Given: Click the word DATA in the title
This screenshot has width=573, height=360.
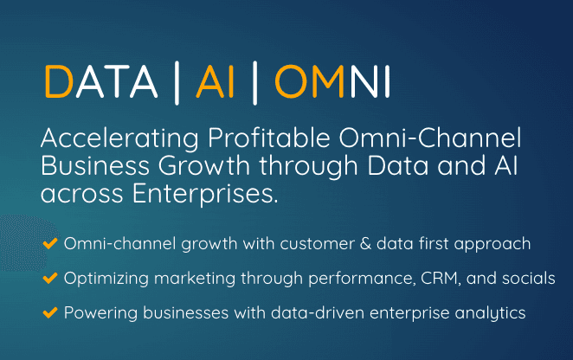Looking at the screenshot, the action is point(101,81).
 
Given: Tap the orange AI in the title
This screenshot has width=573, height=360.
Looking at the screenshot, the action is point(216,81).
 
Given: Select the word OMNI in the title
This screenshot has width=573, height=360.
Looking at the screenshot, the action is point(332,81).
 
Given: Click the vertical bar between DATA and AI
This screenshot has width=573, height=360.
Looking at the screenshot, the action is point(177,83).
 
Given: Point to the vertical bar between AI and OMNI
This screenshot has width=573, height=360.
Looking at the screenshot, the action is point(254,83).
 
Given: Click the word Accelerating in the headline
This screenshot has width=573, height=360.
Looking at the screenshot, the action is point(119,139).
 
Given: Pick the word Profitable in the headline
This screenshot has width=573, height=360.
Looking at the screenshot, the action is point(269,138).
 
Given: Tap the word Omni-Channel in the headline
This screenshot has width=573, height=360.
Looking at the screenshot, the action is point(430,138).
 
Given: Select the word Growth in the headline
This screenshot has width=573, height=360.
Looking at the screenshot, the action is point(204,166).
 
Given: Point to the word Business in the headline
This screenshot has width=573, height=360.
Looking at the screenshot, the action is point(95,165).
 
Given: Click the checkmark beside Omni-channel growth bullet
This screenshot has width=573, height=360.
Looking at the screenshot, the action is point(50,243).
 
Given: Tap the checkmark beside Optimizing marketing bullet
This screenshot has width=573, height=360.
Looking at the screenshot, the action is point(50,278).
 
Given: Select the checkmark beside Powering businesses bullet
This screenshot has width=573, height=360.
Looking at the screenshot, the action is point(50,313).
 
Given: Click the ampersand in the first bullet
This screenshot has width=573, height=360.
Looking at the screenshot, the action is point(365,244).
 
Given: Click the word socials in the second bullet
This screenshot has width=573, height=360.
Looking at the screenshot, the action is point(528,278).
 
